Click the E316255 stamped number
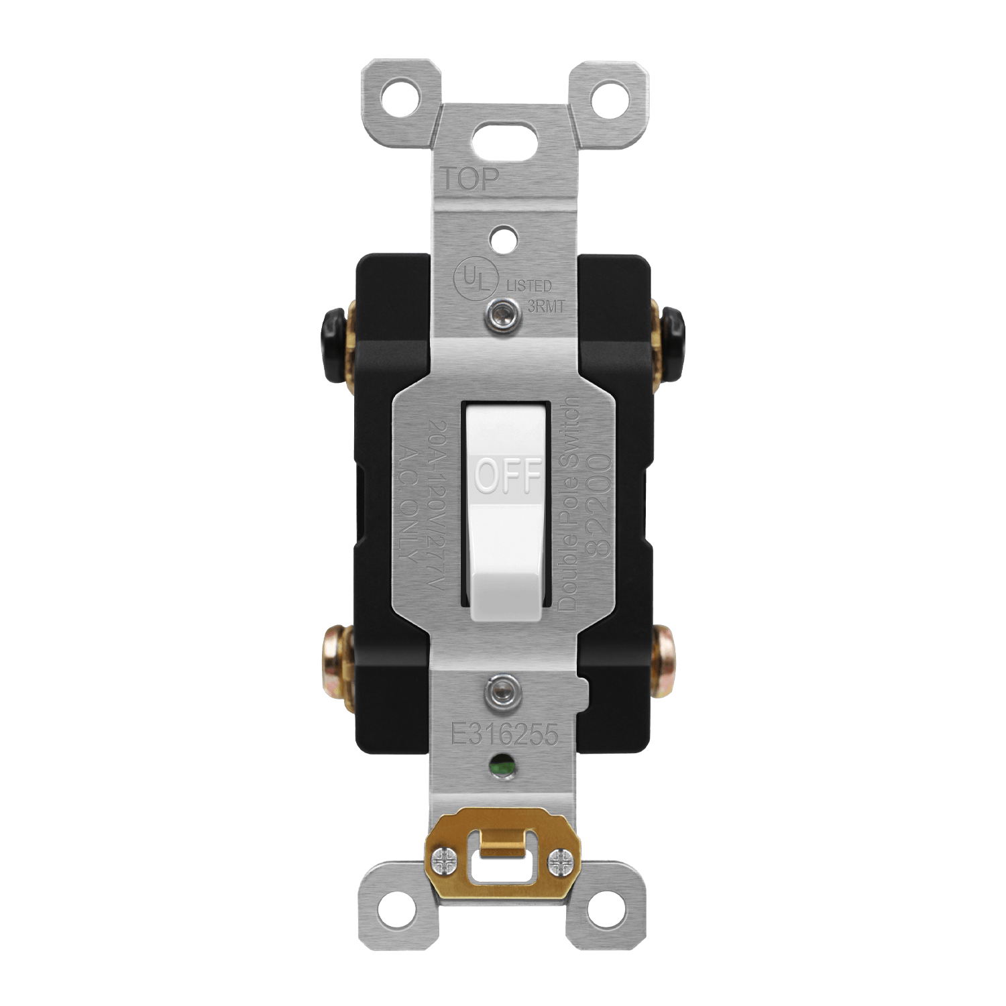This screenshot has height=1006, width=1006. pos(504,736)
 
